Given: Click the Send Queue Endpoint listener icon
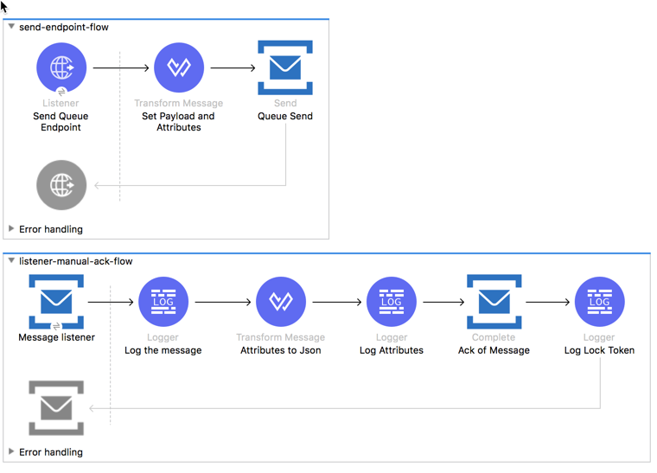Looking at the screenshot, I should pos(61,67).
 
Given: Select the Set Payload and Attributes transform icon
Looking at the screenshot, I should pos(178,67).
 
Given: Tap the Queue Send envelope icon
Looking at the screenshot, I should pos(285,67).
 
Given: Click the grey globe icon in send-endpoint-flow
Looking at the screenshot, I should pos(61,185).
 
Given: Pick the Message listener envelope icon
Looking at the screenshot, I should pos(56,302).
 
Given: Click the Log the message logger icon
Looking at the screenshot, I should pos(163,302).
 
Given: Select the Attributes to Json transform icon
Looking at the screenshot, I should pos(280,302).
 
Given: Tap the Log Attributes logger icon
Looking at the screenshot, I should pos(392,302).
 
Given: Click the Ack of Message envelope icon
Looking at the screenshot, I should pos(494,302).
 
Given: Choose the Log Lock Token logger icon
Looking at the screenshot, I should pos(599,302).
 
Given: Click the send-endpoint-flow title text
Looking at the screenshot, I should pos(64,27).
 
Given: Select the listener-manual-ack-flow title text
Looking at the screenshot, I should pos(76,261).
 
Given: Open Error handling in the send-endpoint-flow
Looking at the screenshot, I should pos(51,229).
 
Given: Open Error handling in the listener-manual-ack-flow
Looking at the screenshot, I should pos(51,451).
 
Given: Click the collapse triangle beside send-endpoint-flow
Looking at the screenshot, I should pos(11,27).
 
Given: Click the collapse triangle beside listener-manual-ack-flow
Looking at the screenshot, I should pos(11,261).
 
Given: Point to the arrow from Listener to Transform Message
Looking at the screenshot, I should pos(120,67).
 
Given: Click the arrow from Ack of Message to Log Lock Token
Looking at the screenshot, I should pos(547,303).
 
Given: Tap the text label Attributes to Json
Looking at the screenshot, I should pos(280,350).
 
